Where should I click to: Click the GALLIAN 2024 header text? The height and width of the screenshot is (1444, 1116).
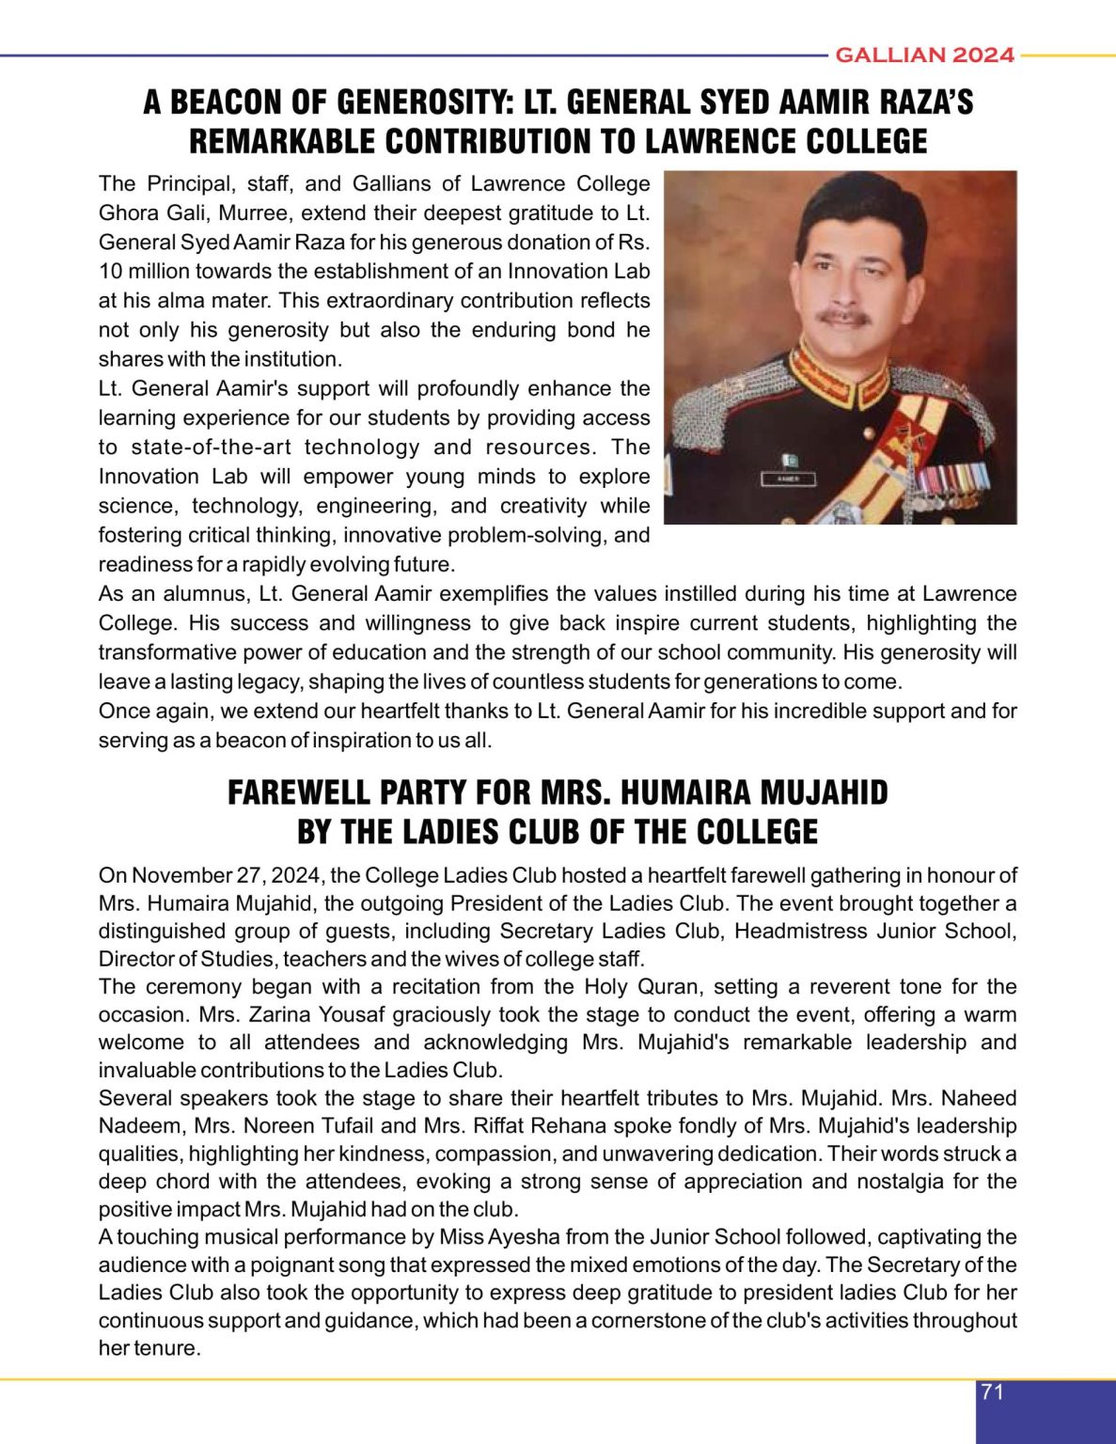click(x=924, y=55)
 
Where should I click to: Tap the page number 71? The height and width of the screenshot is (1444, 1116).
click(x=992, y=1392)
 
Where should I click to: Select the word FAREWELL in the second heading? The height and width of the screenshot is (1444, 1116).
click(x=297, y=793)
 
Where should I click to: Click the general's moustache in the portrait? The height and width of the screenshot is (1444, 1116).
click(x=843, y=317)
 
